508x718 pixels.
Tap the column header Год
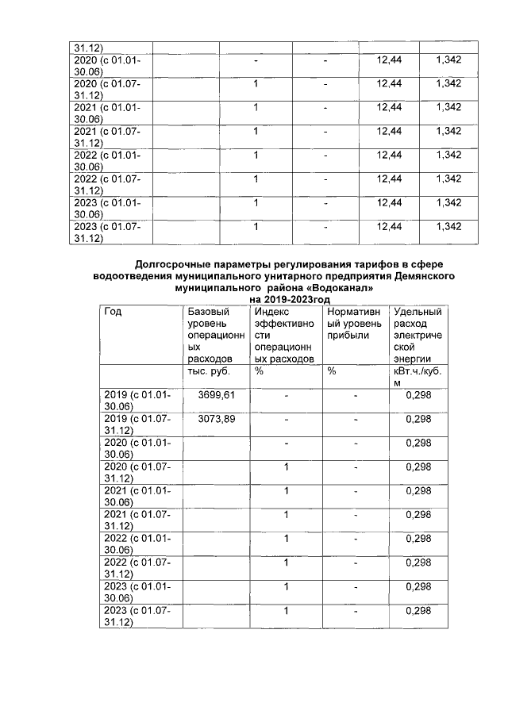tap(114, 312)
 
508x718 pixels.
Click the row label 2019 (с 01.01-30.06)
tap(135, 400)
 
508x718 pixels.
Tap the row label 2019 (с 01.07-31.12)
tap(135, 424)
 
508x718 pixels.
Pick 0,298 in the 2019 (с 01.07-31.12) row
tap(418, 418)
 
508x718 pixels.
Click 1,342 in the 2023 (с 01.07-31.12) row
tap(448, 227)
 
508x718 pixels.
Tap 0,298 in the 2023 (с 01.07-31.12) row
tap(418, 610)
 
